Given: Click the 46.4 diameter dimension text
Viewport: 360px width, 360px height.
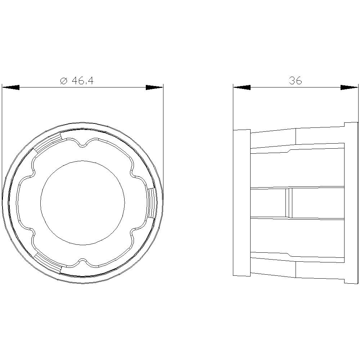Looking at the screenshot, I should click(83, 81).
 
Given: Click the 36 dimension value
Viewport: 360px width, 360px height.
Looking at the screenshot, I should click(296, 81).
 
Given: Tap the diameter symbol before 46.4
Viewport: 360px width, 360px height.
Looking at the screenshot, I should click(64, 81).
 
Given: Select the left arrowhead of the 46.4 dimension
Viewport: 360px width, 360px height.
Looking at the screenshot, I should click(11, 87).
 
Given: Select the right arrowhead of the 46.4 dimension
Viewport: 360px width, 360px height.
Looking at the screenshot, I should click(154, 87).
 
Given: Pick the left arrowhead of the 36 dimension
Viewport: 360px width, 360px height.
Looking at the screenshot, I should click(242, 87).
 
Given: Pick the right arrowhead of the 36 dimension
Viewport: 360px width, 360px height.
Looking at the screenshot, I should click(349, 87).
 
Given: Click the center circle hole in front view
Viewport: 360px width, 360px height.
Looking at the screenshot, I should click(82, 203).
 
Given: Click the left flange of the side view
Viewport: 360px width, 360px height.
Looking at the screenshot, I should click(242, 203).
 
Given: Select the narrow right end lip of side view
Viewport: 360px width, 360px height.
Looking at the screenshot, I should click(351, 203).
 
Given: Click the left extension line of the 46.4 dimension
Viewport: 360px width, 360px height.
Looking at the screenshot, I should click(2, 144).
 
